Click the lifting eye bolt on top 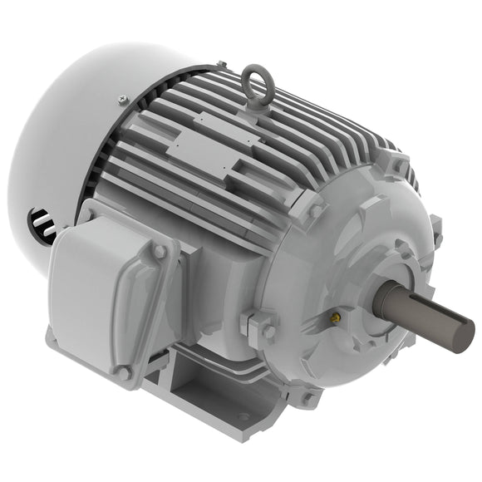click(257, 84)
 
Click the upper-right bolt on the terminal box click(158, 250)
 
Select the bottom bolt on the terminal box click(124, 373)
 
